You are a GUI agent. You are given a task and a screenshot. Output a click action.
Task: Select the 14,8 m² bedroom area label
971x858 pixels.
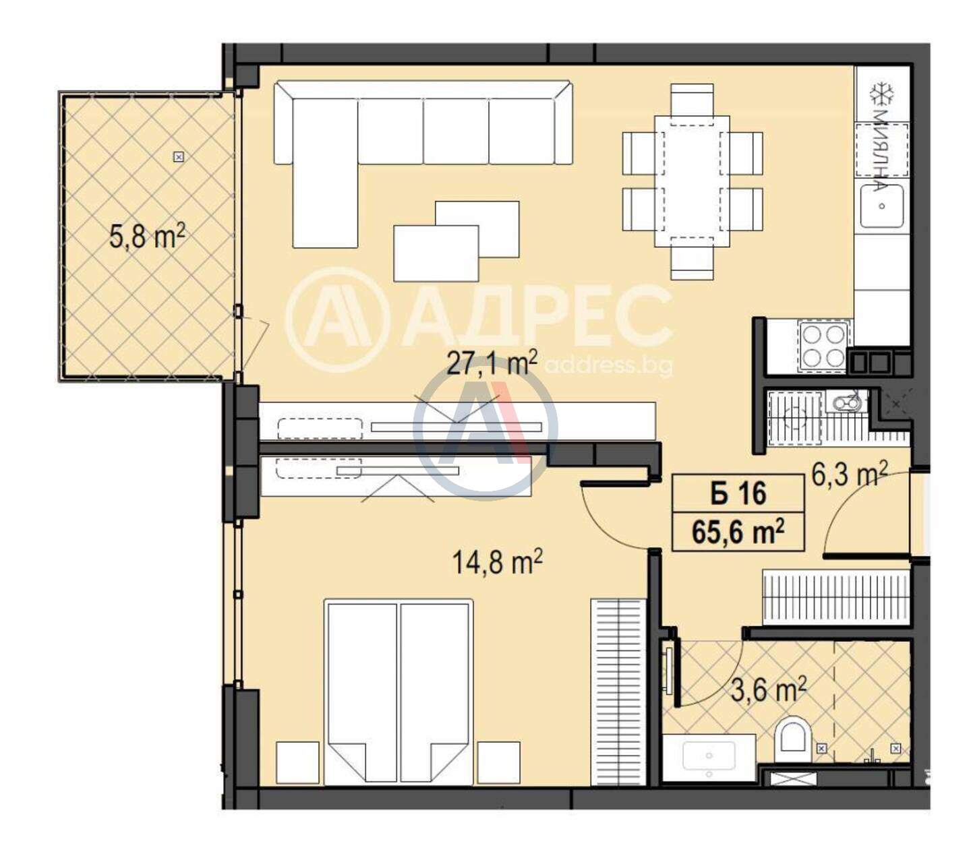[x=497, y=561]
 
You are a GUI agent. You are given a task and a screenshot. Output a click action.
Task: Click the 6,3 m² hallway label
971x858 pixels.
[x=849, y=474]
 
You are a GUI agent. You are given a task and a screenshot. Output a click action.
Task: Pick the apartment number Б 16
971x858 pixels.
[x=738, y=493]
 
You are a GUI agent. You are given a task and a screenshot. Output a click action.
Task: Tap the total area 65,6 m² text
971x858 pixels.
[x=738, y=531]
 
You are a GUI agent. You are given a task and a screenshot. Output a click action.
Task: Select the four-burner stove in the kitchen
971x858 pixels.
[x=823, y=346]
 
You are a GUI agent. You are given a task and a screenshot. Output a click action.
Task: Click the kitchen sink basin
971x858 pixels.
[x=881, y=206]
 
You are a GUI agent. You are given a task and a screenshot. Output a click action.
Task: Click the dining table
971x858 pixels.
[x=692, y=181]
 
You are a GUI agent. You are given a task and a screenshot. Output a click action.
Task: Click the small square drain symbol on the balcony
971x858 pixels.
[x=179, y=156]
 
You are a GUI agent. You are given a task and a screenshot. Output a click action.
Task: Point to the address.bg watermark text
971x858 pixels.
[x=609, y=367]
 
